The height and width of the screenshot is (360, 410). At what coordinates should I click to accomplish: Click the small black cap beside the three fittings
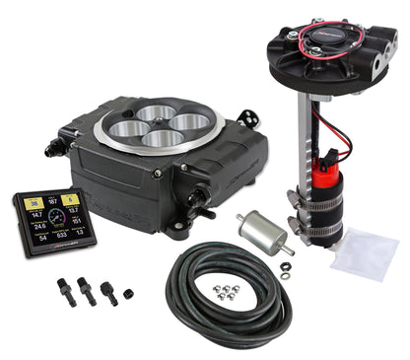pyautogui.click(x=128, y=294)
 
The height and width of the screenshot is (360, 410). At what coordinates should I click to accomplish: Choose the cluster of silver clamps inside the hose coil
pyautogui.click(x=229, y=291)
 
